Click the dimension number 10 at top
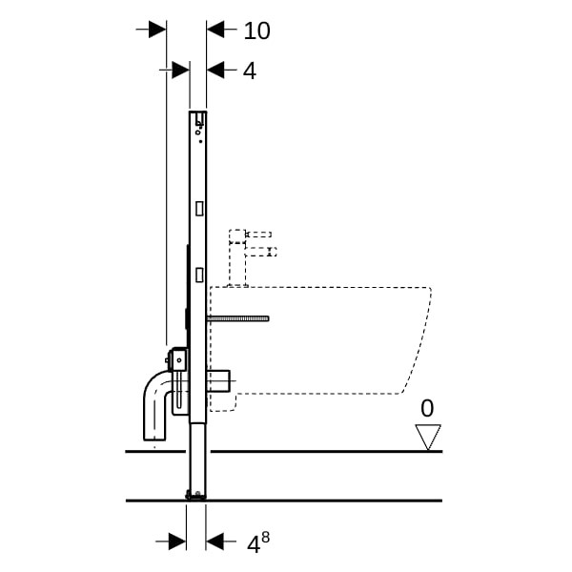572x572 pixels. point(256,31)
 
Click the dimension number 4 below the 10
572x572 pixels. point(250,71)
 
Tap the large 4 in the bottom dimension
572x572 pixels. point(254,545)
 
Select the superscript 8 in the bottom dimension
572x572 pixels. point(265,537)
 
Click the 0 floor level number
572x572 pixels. point(427,408)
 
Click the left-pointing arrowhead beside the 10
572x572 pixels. point(215,30)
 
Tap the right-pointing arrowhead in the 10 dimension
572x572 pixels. point(157,30)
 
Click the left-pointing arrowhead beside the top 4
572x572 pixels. point(215,70)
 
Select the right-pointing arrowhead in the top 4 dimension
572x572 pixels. point(180,70)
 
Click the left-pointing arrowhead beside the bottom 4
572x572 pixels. point(214,541)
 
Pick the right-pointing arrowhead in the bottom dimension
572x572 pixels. point(177,541)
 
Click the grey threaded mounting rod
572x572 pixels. point(237,318)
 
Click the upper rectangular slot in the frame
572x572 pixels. point(199,209)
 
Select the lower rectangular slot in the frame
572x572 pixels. point(199,275)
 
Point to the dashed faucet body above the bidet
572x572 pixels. point(237,258)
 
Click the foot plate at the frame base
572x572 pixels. point(195,495)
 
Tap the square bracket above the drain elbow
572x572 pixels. point(178,359)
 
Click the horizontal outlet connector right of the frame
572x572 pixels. point(218,380)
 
